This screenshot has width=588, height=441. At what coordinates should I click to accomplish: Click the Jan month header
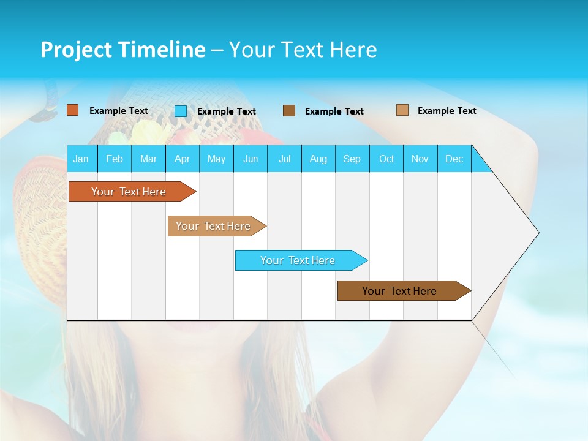pos(81,159)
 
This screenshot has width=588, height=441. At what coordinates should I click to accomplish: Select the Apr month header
pos(182,159)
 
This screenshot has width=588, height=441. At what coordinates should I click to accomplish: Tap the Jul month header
pos(284,159)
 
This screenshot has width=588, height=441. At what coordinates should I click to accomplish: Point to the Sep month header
pos(352,159)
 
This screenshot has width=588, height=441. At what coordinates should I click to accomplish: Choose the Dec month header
pos(454,159)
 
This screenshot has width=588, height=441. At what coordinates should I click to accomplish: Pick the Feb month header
pos(115,159)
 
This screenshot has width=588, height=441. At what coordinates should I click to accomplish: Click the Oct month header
pos(386,159)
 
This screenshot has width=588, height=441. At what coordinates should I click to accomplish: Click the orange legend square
pos(73,110)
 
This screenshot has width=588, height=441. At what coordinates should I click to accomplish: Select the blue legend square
pos(181,111)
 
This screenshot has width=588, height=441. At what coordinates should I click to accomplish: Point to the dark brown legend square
pos(289,111)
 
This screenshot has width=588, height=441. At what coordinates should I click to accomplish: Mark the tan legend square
pos(402,110)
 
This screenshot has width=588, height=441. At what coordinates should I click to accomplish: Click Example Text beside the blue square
pos(227,111)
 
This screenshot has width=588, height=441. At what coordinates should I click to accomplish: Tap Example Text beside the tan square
pos(447,111)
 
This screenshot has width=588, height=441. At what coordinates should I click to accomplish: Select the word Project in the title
pos(75,50)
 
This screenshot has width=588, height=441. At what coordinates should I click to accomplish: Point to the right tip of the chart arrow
pos(538,233)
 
